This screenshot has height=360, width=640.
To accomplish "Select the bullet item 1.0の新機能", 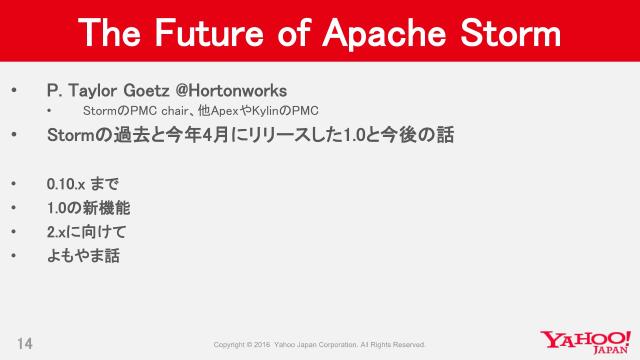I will click(x=88, y=208).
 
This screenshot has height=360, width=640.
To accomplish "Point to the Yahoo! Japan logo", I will click(x=584, y=342).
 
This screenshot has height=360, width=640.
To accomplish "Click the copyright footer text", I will click(x=320, y=345).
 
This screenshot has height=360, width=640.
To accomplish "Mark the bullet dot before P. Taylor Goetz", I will click(x=13, y=90).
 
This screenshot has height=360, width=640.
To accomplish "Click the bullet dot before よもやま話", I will click(x=13, y=255).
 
